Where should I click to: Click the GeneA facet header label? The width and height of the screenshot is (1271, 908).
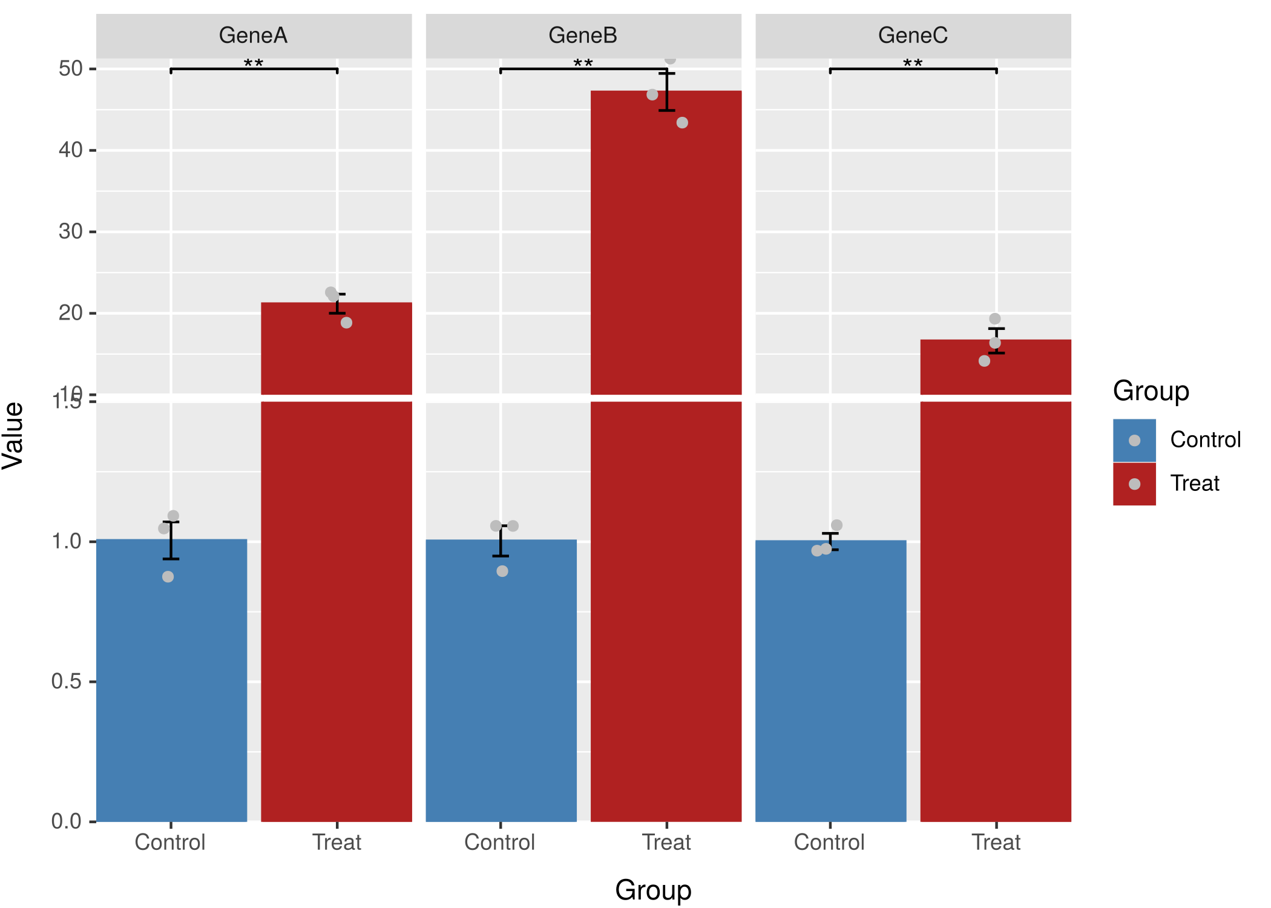pos(253,35)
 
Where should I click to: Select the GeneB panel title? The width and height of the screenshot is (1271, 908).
pos(583,35)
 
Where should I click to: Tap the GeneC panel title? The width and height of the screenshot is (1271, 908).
pos(913,35)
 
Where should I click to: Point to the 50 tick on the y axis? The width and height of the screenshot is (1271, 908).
pos(71,68)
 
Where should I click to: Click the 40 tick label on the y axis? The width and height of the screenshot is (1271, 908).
pos(71,150)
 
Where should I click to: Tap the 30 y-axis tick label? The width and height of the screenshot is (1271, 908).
pos(71,231)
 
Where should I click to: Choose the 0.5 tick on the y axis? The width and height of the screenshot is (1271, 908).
pos(67,681)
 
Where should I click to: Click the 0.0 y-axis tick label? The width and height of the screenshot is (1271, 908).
pos(67,821)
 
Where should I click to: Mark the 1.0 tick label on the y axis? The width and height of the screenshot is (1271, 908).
pos(67,541)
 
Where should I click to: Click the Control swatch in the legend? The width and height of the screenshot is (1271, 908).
pos(1134,440)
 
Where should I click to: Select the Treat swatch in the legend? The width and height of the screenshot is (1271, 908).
pos(1134,484)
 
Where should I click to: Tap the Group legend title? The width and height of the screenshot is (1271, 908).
pos(1151,391)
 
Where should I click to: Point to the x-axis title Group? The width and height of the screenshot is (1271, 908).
pos(653,890)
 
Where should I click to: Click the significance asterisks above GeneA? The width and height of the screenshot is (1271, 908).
pos(253,64)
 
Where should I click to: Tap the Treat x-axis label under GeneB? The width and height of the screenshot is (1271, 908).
pos(666,842)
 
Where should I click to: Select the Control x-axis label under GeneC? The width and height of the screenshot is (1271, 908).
pos(829,842)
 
